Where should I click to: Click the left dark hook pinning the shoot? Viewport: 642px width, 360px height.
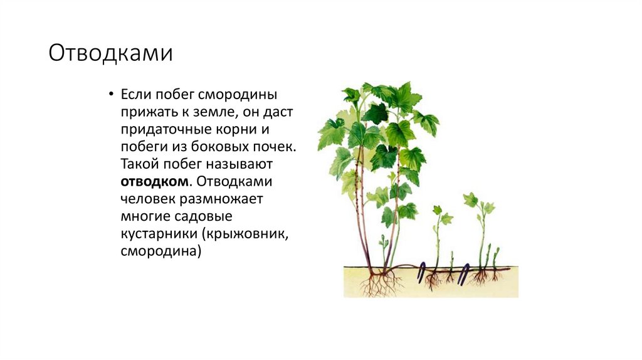(424, 271)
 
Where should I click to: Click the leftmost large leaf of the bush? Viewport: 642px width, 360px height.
(330, 132)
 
